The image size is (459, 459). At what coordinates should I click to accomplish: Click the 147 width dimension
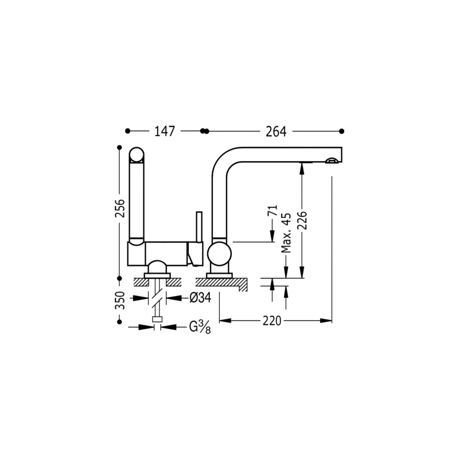pyautogui.click(x=165, y=131)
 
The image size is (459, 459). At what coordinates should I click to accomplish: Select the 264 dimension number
pyautogui.click(x=276, y=131)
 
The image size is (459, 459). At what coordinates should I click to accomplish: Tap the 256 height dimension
pyautogui.click(x=120, y=208)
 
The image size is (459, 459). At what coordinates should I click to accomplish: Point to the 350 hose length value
pyautogui.click(x=120, y=300)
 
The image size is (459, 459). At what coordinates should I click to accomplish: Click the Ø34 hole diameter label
pyautogui.click(x=200, y=298)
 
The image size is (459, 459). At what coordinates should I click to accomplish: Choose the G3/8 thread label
pyautogui.click(x=200, y=327)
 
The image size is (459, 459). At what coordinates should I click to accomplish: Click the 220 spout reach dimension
pyautogui.click(x=271, y=321)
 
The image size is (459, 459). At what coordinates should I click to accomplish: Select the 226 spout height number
pyautogui.click(x=303, y=220)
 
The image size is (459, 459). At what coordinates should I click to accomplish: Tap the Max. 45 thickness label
pyautogui.click(x=286, y=233)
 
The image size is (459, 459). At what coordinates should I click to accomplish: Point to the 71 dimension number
pyautogui.click(x=272, y=211)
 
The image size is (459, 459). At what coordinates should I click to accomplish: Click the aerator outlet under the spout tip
pyautogui.click(x=332, y=160)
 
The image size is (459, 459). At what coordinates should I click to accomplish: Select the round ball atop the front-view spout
pyautogui.click(x=137, y=154)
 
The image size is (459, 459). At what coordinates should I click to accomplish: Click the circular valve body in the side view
pyautogui.click(x=219, y=254)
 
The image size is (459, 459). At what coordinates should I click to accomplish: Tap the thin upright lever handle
pyautogui.click(x=199, y=227)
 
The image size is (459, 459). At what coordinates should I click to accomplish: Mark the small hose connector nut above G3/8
pyautogui.click(x=157, y=320)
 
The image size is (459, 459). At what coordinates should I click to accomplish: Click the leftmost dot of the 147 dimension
pyautogui.click(x=127, y=131)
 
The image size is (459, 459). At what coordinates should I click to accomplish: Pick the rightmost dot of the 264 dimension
pyautogui.click(x=341, y=131)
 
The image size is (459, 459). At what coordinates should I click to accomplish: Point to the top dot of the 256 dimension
pyautogui.click(x=119, y=147)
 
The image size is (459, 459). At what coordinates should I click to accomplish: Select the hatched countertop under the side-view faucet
pyautogui.click(x=221, y=283)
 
